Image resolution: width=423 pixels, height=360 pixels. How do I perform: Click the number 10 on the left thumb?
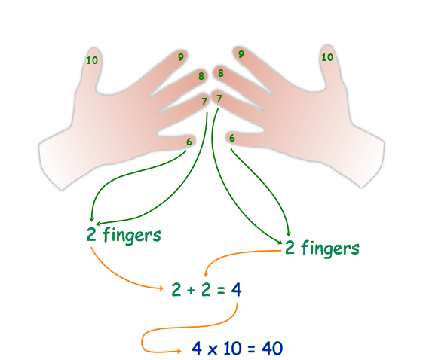[92, 60]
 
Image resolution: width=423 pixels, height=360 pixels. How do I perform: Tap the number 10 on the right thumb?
[327, 57]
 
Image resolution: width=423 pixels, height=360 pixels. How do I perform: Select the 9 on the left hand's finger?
[181, 56]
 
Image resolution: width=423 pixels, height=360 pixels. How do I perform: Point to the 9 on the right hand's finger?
[241, 54]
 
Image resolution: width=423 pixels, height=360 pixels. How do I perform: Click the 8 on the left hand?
[201, 76]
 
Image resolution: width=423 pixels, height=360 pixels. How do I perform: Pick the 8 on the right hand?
[221, 73]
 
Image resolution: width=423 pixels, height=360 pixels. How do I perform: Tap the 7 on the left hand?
[204, 102]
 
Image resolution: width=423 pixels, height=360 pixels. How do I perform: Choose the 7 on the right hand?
[219, 99]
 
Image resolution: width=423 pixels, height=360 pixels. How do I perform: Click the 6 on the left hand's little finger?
[189, 142]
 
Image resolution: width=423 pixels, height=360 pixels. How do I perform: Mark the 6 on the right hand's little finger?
[232, 138]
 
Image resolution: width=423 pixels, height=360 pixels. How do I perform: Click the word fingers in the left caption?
[132, 235]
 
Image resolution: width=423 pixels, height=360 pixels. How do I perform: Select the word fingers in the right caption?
[330, 249]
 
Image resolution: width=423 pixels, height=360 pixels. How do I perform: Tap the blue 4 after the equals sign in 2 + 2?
[236, 290]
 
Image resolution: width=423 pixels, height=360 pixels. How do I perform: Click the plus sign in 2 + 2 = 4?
[191, 291]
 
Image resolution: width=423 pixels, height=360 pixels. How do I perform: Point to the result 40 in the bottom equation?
[272, 348]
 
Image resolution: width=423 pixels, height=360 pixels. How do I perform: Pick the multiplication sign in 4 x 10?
[213, 349]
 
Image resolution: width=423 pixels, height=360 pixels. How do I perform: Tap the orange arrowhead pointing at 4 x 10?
[179, 351]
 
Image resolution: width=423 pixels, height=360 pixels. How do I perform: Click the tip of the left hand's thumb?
[93, 48]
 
